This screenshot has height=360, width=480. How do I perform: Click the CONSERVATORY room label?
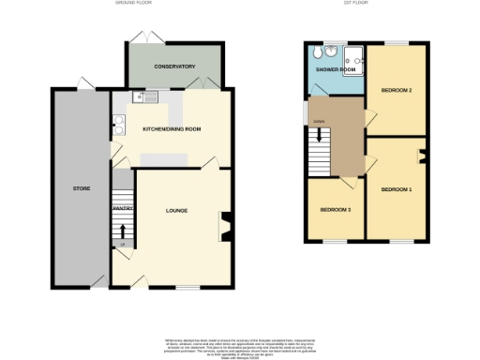pos(174,67)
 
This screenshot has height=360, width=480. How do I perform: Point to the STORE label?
pos(81,188)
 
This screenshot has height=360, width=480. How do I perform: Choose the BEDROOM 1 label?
pos(396,189)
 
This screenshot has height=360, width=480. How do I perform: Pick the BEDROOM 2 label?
pos(397,90)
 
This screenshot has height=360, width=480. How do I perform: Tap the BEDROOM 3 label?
pos(335,209)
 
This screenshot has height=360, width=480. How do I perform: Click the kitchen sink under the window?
pos(150,95)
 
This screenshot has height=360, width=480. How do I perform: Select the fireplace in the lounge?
pos(225,223)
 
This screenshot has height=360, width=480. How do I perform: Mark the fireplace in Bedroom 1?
pos(421,157)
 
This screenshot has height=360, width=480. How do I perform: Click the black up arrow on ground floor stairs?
pos(121,230)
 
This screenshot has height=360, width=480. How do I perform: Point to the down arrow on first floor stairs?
pos(320,137)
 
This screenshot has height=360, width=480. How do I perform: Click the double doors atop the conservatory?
pos(143,37)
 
